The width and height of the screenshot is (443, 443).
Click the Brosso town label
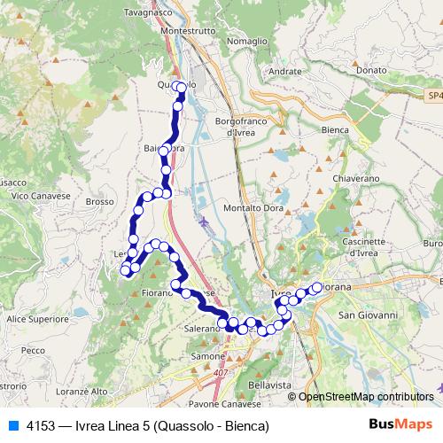[102, 201]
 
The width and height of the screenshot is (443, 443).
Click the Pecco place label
[33, 351]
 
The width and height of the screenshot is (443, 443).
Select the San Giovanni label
[371, 315]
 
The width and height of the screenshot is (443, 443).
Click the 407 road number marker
[219, 373]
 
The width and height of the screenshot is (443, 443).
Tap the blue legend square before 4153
[13, 425]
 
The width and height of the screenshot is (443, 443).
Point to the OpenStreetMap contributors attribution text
[366, 397]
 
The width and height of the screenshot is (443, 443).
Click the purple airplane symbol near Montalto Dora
[206, 221]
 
